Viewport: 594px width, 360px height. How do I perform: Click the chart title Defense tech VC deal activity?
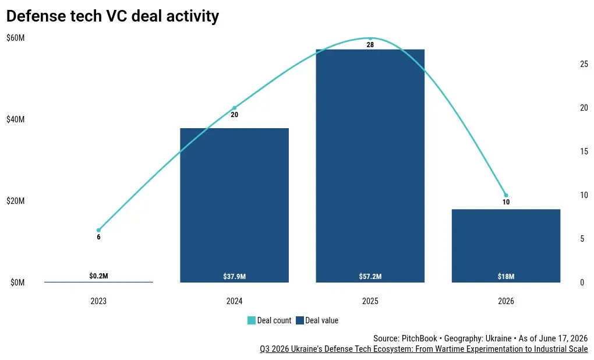pos(112,16)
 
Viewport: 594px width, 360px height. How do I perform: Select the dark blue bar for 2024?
pos(234,205)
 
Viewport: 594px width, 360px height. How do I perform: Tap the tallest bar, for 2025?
pos(370,165)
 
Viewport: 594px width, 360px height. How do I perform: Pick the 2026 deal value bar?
pos(505,246)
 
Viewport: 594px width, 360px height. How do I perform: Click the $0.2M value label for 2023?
pos(98,276)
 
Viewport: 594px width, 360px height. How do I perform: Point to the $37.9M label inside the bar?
pos(235,276)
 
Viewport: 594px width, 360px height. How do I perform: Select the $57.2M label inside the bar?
pos(370,276)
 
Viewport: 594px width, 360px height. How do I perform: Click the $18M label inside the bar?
pos(506,276)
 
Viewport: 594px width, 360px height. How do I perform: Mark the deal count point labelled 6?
pos(98,230)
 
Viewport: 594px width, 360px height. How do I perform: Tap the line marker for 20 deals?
pos(234,108)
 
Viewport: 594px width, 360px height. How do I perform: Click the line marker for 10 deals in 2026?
pos(505,195)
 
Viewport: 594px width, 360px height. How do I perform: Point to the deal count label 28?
pos(370,45)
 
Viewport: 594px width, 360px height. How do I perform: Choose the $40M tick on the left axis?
pos(16,119)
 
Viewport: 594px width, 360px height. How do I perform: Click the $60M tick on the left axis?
pos(16,38)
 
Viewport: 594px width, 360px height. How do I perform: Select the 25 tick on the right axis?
pos(584,64)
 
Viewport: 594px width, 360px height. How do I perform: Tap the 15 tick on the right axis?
pos(584,151)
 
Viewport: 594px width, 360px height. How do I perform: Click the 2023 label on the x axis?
pos(98,301)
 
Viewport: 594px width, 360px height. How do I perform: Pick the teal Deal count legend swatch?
pos(251,320)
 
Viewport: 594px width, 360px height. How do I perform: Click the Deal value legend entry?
pos(317,320)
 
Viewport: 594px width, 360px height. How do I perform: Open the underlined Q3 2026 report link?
pos(423,348)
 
